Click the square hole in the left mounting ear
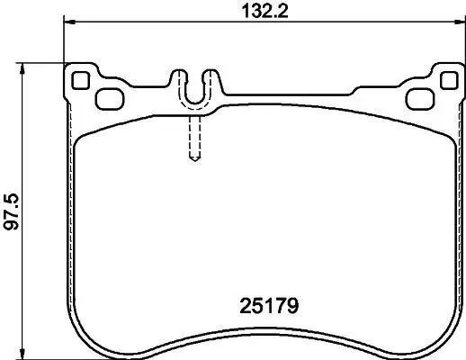[80, 79]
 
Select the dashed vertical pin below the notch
[193, 135]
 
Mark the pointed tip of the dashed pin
[193, 162]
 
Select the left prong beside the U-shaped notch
[181, 81]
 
